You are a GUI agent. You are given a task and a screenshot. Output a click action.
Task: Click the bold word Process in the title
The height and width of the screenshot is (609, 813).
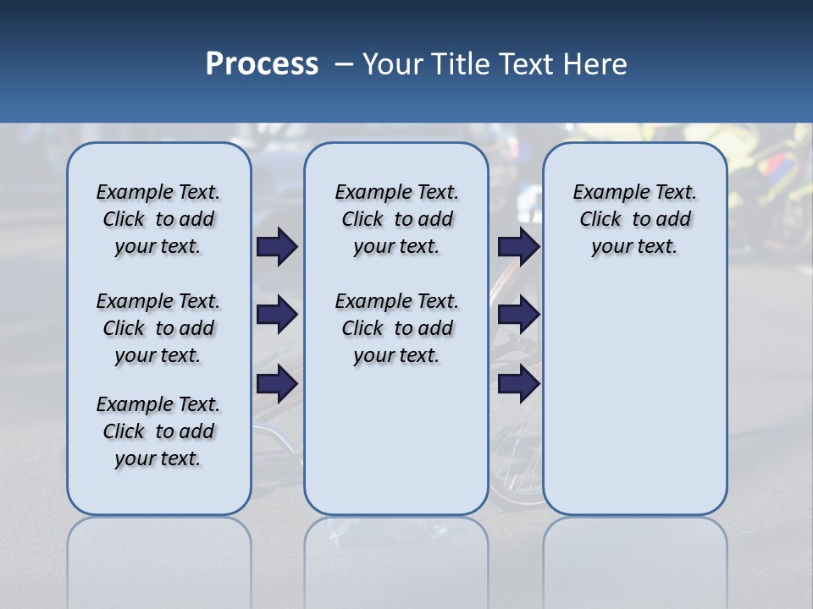[262, 64]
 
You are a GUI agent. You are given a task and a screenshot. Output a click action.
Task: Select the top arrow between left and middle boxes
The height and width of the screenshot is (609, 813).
[277, 246]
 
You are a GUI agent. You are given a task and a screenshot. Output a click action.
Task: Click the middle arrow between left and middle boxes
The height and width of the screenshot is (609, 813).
[277, 315]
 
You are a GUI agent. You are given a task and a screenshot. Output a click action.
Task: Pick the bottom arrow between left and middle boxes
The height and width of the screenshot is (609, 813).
[277, 384]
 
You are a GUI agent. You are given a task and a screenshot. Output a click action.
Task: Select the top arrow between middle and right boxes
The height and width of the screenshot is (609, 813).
[518, 246]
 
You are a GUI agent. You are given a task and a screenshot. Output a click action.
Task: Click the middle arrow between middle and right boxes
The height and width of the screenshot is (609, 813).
[518, 315]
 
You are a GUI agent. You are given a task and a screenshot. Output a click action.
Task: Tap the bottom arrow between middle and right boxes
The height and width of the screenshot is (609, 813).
[518, 384]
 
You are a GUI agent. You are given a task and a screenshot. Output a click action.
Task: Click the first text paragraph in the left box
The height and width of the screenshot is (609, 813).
[158, 219]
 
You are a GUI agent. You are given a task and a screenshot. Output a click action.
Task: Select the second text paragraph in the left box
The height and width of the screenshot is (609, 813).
[158, 328]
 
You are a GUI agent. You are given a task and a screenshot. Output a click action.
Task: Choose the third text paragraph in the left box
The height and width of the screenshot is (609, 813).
[158, 431]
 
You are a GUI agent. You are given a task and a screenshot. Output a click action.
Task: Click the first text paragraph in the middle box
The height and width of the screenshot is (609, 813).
[396, 219]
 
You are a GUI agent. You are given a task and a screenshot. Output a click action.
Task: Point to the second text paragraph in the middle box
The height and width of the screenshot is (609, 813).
[396, 328]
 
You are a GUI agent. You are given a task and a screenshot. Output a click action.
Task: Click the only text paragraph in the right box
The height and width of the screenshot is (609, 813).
[634, 219]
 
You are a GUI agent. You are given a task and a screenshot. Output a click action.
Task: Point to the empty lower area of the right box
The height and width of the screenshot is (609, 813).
[634, 398]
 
